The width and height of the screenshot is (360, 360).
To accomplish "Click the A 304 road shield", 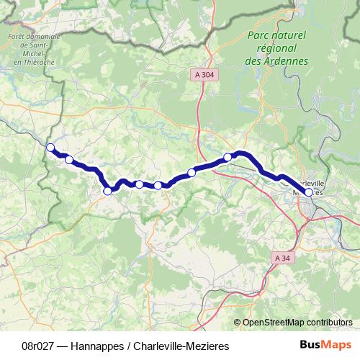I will click(x=204, y=73).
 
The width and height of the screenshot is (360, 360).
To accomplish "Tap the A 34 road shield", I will click(x=283, y=257).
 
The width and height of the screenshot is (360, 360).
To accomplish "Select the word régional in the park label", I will click(x=276, y=48).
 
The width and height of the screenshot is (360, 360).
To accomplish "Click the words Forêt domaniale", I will click(x=28, y=36).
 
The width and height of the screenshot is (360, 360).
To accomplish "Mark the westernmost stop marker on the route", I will click(x=50, y=148).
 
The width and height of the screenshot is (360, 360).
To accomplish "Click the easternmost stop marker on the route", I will click(x=309, y=192).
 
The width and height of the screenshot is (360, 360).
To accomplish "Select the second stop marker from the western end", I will click(x=69, y=159).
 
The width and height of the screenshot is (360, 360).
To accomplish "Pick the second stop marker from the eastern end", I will click(x=228, y=157).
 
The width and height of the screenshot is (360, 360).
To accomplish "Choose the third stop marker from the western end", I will click(x=108, y=191).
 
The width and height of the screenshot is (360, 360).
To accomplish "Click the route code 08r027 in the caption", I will click(x=40, y=346).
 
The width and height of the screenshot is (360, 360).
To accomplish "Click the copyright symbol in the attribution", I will click(x=237, y=322).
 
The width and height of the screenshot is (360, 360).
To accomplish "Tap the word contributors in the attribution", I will click(x=329, y=322).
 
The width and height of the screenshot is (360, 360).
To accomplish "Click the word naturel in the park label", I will click(x=289, y=35).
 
